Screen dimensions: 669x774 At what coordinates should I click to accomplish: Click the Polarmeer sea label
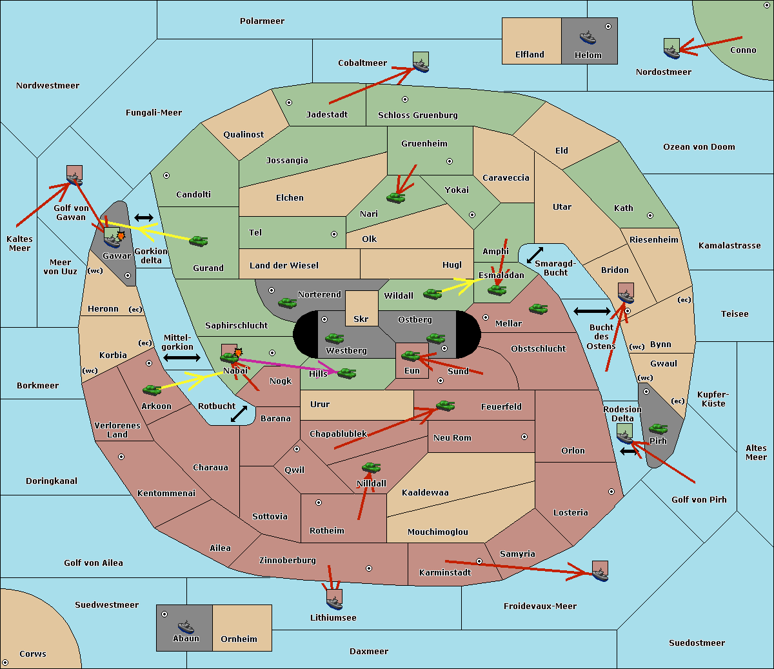(262, 21)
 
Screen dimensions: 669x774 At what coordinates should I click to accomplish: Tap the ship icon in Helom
(587, 37)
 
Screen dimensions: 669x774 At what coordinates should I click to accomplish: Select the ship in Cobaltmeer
(421, 65)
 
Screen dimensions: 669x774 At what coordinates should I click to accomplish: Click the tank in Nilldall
(371, 467)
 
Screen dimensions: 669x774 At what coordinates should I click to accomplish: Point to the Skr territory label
(361, 319)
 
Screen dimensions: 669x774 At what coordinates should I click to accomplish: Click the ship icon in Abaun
(186, 626)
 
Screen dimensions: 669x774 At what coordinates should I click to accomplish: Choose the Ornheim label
(239, 639)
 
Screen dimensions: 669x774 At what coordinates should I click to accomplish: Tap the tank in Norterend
(287, 303)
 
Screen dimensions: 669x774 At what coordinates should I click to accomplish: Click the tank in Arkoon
(152, 390)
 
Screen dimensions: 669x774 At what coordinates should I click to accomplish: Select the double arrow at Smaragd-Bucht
(535, 255)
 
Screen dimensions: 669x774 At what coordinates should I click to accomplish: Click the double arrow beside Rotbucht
(239, 414)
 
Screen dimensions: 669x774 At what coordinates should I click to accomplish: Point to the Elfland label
(530, 55)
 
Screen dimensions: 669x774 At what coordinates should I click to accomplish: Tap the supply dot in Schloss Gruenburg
(405, 99)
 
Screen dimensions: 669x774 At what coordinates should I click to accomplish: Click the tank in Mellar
(538, 309)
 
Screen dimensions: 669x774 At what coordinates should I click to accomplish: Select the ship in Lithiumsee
(334, 602)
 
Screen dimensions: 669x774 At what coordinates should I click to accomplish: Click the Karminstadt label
(445, 572)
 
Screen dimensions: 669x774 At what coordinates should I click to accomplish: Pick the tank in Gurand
(198, 241)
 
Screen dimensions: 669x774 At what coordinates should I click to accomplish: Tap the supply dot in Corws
(5, 663)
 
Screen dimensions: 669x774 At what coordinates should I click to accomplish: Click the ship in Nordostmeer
(671, 50)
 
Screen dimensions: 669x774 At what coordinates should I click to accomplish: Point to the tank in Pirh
(658, 428)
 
